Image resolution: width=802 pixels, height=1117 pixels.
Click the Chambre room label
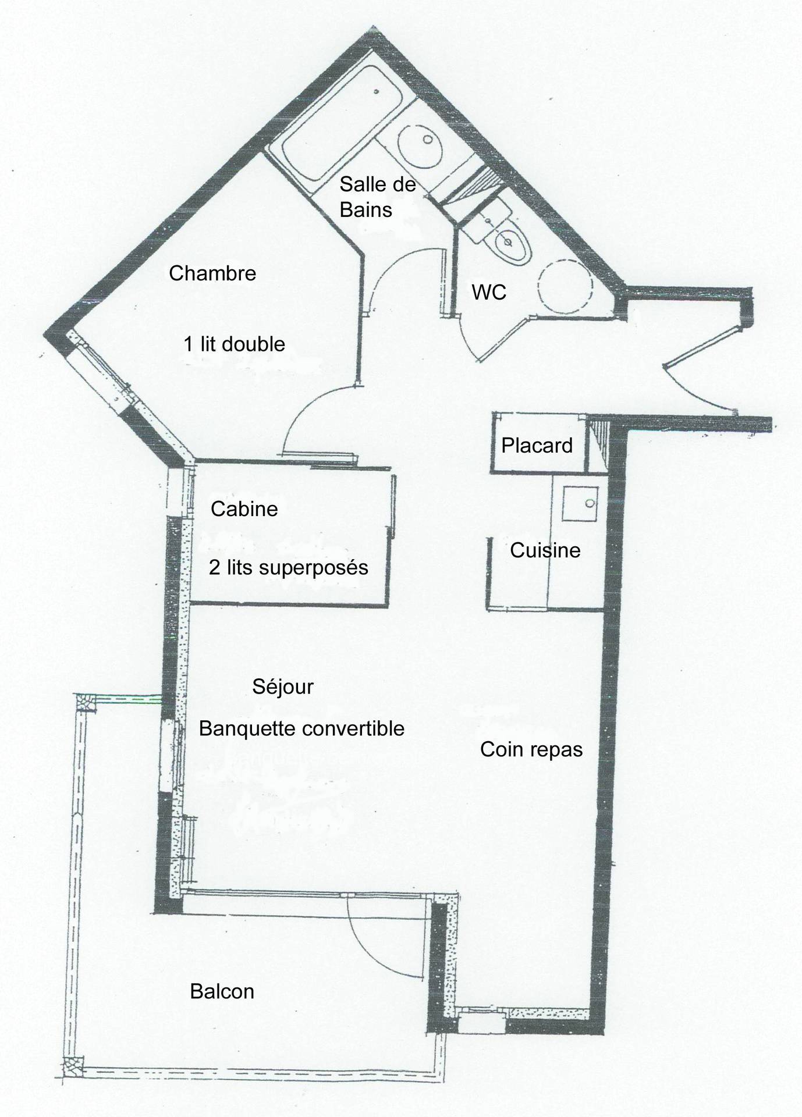pyautogui.click(x=212, y=273)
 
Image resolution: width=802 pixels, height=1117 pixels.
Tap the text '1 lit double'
pyautogui.click(x=235, y=344)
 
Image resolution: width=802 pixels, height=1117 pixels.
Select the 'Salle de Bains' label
pyautogui.click(x=378, y=197)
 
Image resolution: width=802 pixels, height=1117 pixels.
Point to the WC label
pyautogui.click(x=489, y=292)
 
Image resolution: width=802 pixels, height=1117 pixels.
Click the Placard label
pyautogui.click(x=537, y=446)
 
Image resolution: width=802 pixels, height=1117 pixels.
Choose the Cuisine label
pyautogui.click(x=545, y=550)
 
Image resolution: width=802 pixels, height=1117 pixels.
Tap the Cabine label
pyautogui.click(x=244, y=509)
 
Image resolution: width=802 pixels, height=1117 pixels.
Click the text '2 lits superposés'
pyautogui.click(x=289, y=567)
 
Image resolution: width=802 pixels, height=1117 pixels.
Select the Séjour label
pyautogui.click(x=283, y=687)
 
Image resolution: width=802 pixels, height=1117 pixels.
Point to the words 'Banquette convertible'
pyautogui.click(x=301, y=728)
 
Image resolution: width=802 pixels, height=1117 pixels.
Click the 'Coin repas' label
pyautogui.click(x=531, y=749)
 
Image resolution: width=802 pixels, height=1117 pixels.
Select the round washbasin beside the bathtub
pyautogui.click(x=421, y=143)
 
